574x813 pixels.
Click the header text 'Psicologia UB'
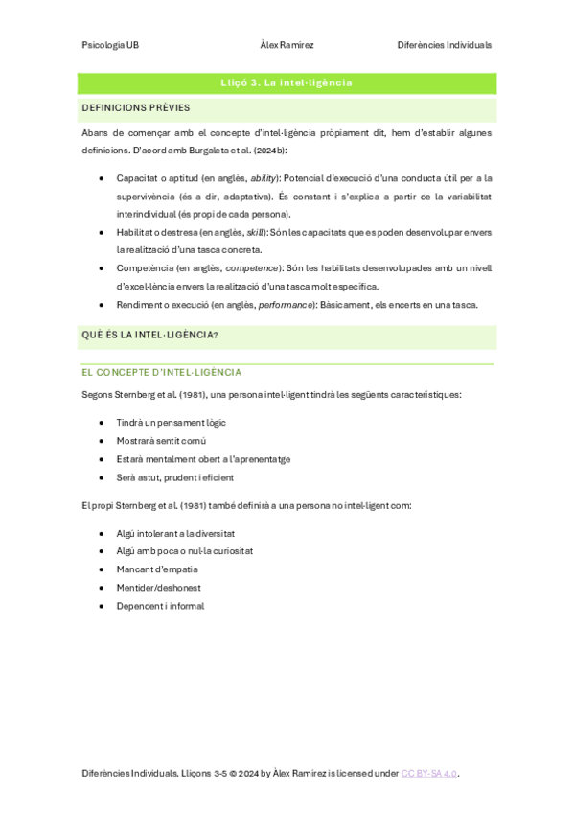pyautogui.click(x=110, y=45)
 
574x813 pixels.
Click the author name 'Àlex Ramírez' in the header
pyautogui.click(x=287, y=45)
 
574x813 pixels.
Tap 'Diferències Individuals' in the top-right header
pyautogui.click(x=444, y=45)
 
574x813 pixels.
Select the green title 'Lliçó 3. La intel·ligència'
pyautogui.click(x=287, y=83)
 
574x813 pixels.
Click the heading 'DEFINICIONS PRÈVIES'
pyautogui.click(x=136, y=107)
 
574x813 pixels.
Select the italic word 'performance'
pyautogui.click(x=286, y=305)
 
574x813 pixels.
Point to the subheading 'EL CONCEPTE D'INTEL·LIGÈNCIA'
pyautogui.click(x=161, y=372)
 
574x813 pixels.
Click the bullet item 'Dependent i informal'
pyautogui.click(x=160, y=606)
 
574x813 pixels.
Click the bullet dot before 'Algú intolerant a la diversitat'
pyautogui.click(x=103, y=533)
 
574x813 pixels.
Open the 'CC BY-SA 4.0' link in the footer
pyautogui.click(x=429, y=773)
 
